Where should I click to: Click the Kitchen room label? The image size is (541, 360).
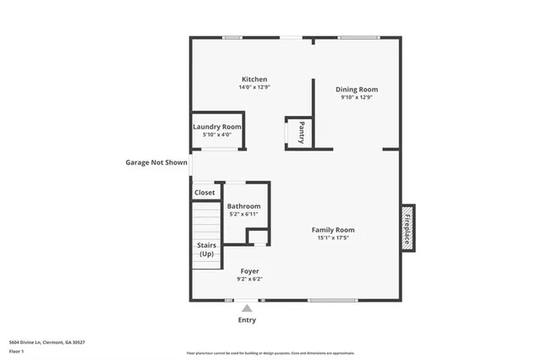[254, 79]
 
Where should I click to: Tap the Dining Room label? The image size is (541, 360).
[356, 89]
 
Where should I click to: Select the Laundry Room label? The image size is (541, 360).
[217, 127]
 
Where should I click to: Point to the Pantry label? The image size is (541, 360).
[301, 133]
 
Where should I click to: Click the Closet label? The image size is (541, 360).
[205, 193]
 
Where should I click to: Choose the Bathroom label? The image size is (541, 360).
[243, 206]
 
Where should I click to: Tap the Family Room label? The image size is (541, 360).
[332, 230]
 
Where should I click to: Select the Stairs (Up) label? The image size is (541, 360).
[206, 249]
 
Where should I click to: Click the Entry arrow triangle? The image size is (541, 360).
[247, 308]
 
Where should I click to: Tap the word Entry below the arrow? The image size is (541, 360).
[247, 320]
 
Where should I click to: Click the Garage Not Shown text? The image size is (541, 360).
[156, 163]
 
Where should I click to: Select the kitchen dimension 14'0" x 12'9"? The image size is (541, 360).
[254, 87]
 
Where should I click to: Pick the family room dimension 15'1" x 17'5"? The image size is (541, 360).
[332, 237]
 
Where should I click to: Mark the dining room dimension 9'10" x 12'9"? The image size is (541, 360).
[356, 97]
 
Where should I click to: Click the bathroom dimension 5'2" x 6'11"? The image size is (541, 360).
[243, 214]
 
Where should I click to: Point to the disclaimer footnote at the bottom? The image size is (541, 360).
[270, 353]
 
